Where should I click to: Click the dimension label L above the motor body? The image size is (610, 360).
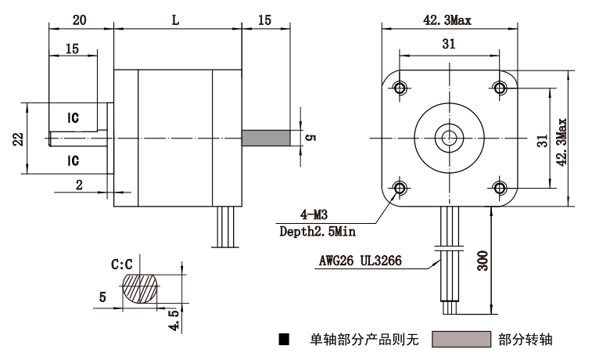176,20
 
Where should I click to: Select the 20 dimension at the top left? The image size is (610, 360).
79,20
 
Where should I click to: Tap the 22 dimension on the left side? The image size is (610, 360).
18,139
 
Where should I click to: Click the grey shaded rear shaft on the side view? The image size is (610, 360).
266,138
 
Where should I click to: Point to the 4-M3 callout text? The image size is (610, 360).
314,214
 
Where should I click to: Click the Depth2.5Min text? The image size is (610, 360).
318,232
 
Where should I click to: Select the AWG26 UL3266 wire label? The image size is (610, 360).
360,261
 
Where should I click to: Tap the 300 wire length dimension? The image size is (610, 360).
483,261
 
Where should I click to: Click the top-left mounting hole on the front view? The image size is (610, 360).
400,88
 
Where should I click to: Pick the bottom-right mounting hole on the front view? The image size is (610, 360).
500,189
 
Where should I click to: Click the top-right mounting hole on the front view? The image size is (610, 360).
500,88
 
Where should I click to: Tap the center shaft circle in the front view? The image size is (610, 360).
450,138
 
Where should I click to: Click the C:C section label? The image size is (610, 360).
122,265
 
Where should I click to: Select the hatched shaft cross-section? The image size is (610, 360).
141,289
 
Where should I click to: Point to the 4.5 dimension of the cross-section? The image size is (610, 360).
174,320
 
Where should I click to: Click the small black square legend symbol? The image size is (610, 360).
284,340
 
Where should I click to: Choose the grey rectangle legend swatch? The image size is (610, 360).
461,340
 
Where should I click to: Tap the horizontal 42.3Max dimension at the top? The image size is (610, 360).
447,20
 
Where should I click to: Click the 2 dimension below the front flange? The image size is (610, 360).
79,185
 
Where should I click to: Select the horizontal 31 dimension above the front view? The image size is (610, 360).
449,44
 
